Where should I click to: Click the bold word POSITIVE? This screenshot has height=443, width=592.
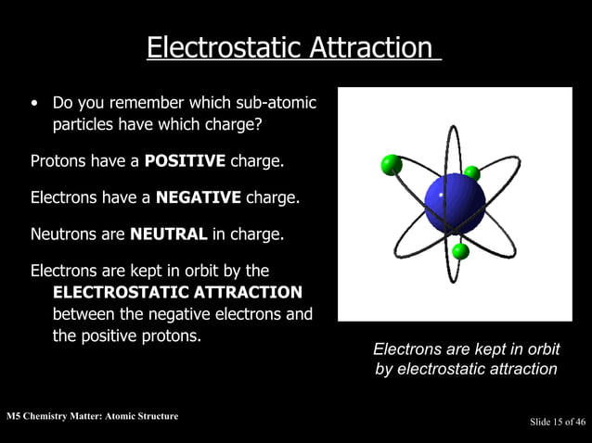click(x=185, y=161)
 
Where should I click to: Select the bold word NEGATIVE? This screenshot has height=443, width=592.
click(x=199, y=197)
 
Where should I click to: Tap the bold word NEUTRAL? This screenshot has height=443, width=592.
click(x=169, y=234)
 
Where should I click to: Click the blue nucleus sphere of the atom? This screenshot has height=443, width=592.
click(x=455, y=203)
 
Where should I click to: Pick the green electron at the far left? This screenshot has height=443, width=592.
click(x=392, y=165)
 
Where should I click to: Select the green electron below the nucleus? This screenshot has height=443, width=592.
click(x=460, y=251)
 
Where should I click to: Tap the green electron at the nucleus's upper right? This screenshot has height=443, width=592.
click(x=472, y=172)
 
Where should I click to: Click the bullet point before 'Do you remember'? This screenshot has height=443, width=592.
click(x=35, y=103)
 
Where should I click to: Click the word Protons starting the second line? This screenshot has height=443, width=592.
click(x=58, y=161)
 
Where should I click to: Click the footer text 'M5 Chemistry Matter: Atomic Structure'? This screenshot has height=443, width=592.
click(x=92, y=416)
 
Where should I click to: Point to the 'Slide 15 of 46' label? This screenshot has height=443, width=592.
click(x=557, y=423)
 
